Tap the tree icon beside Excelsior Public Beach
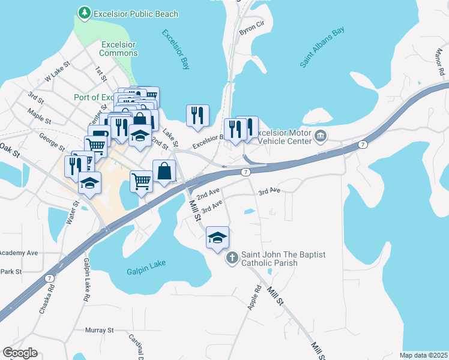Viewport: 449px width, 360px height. click(x=85, y=13)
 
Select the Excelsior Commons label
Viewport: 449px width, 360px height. click(x=119, y=49)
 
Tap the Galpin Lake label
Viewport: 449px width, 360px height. click(x=146, y=271)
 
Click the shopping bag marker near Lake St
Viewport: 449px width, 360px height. click(x=164, y=171)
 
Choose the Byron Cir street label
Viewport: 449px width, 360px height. click(x=252, y=29)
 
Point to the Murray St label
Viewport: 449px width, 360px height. click(x=99, y=331)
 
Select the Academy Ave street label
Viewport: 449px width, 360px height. click(x=19, y=253)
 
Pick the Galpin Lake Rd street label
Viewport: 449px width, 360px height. click(x=87, y=280)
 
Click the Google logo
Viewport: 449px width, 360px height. click(x=20, y=353)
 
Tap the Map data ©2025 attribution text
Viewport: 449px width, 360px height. click(x=423, y=355)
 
